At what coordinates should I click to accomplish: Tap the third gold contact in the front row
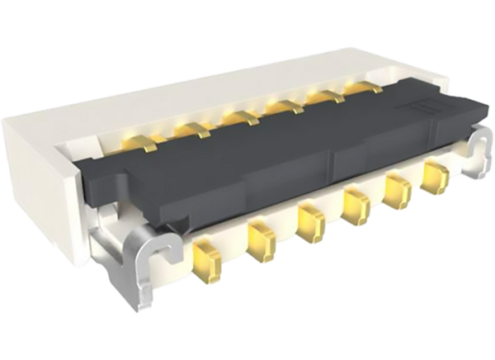(309, 220)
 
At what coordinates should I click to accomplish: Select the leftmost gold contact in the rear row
(134, 144)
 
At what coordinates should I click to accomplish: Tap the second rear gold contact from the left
(191, 129)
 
